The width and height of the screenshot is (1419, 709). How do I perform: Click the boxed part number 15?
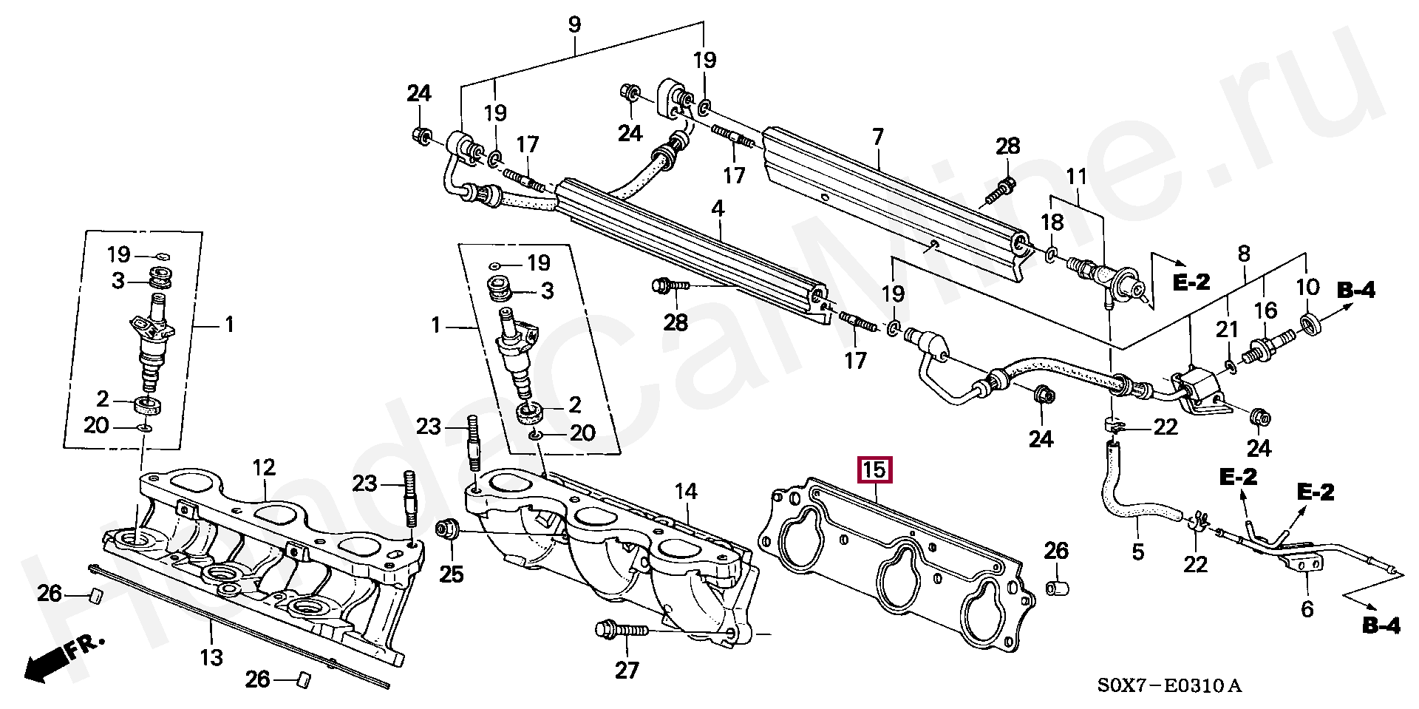pos(874,470)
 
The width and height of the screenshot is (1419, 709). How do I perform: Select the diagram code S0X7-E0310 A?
pos(1168,686)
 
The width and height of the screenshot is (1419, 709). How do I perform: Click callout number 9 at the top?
pos(575,24)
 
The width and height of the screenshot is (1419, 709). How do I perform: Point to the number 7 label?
pos(877,138)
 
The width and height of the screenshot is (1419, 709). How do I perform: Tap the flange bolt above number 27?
pos(622,630)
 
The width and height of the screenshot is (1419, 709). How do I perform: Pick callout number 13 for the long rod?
pos(211,655)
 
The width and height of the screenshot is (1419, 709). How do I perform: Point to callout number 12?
pos(263,467)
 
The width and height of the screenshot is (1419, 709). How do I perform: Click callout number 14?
pos(685,490)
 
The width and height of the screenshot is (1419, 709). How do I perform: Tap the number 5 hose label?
pos(1137,551)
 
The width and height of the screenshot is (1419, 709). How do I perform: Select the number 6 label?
pos(1307,608)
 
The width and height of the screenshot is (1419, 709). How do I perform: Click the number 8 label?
pos(1244,254)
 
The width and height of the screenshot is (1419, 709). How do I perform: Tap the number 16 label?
pos(1266,310)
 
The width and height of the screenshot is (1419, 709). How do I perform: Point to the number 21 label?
pos(1228,329)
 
